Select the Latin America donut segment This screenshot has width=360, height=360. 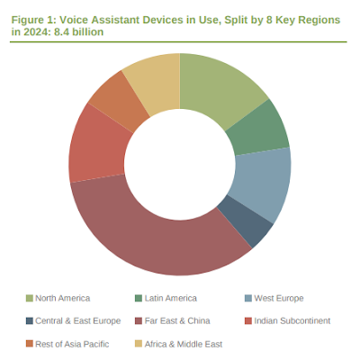pyautogui.click(x=259, y=129)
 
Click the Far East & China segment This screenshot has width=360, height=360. pyautogui.click(x=156, y=240)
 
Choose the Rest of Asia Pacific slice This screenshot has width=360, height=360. pyautogui.click(x=120, y=99)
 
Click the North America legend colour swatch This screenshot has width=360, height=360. pyautogui.click(x=30, y=298)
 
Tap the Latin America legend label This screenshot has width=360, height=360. pyautogui.click(x=171, y=298)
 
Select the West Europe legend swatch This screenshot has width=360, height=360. pyautogui.click(x=248, y=298)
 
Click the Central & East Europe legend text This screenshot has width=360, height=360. pyautogui.click(x=78, y=320)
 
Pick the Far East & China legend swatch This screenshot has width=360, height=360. pyautogui.click(x=139, y=320)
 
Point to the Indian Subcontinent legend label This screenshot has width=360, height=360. pyautogui.click(x=292, y=320)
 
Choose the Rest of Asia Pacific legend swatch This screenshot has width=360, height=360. pyautogui.click(x=30, y=344)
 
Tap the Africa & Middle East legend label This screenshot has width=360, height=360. pyautogui.click(x=184, y=344)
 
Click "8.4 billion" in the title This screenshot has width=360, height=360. pyautogui.click(x=79, y=31)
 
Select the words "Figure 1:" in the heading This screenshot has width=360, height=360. pyautogui.click(x=34, y=20)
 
